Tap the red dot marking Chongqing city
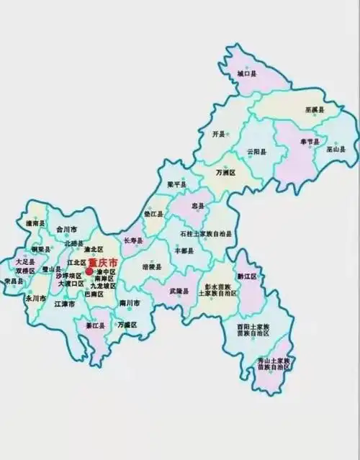click(89, 271)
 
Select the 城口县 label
click(247, 73)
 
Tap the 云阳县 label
click(257, 153)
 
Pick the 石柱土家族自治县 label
click(207, 234)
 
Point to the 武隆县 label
click(179, 292)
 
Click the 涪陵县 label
click(152, 266)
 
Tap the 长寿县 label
click(135, 240)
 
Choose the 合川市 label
click(67, 229)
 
